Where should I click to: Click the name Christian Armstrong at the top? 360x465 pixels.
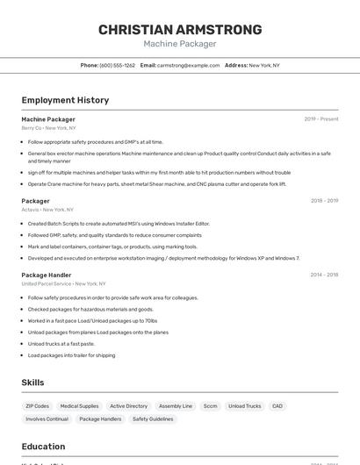click(x=180, y=30)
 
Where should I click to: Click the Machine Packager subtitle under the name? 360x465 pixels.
click(x=180, y=44)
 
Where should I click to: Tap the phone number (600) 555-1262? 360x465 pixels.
click(x=118, y=65)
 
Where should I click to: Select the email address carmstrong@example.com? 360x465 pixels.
click(x=188, y=65)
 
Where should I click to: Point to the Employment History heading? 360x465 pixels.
click(x=65, y=100)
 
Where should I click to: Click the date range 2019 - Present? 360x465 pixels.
click(x=321, y=119)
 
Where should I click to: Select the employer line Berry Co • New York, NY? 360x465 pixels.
click(x=49, y=128)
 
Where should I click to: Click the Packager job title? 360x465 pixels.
click(x=36, y=201)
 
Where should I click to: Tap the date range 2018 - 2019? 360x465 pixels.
click(x=324, y=201)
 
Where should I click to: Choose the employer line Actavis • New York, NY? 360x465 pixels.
click(x=47, y=210)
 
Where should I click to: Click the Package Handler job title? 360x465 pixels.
click(x=47, y=275)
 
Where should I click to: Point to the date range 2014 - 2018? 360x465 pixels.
click(x=324, y=275)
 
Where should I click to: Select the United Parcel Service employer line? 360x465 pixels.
click(x=63, y=283)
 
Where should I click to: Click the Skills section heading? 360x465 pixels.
click(x=32, y=383)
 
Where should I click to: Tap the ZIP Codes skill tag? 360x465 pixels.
click(x=38, y=406)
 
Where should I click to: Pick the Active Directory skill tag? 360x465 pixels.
click(x=128, y=406)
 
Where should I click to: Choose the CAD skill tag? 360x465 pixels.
click(x=277, y=406)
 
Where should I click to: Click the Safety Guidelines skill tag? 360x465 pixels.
click(x=153, y=419)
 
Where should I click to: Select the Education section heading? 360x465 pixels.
click(x=43, y=446)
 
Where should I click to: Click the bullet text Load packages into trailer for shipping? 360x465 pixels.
click(x=71, y=355)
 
